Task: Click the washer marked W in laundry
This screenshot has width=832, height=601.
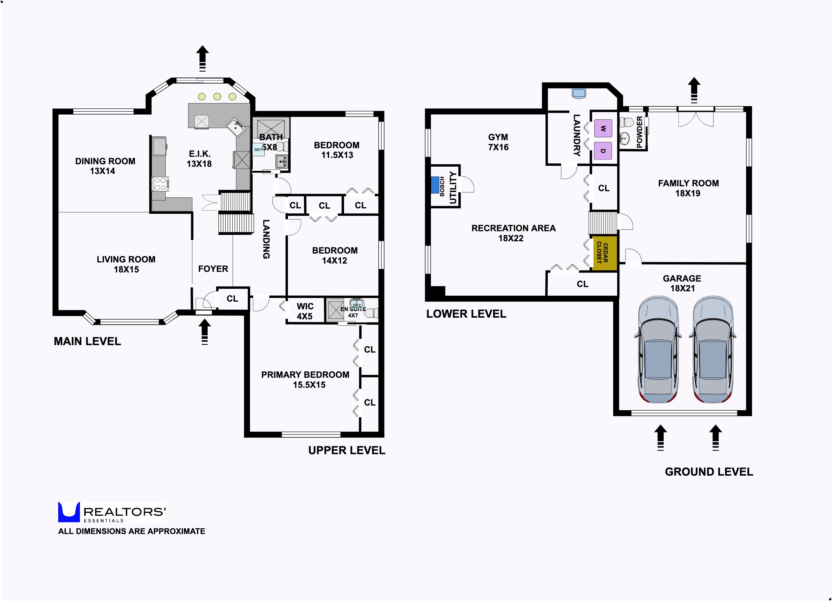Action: click(603, 128)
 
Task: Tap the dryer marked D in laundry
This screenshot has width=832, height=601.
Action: click(603, 151)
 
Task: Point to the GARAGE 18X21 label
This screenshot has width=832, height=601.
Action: click(682, 283)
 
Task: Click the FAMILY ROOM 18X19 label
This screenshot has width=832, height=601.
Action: click(688, 188)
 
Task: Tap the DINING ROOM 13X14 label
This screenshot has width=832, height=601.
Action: click(105, 166)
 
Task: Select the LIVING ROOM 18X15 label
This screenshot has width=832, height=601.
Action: click(126, 264)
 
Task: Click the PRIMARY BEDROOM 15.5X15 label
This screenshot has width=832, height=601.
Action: click(305, 380)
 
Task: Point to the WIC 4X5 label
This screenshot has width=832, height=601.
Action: click(305, 311)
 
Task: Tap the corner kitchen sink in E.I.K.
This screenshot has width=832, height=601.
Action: click(237, 128)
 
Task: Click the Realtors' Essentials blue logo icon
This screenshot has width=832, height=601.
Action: click(69, 512)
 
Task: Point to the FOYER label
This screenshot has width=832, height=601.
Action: click(213, 269)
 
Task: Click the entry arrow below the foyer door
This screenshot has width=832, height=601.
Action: click(205, 332)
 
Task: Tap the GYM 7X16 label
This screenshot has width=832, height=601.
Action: click(498, 142)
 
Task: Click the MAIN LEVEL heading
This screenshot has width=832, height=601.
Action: click(87, 341)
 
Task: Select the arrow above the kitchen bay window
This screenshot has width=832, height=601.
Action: click(202, 58)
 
